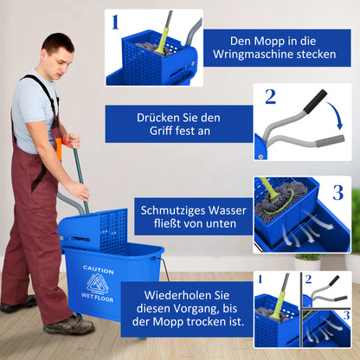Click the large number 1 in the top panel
pyautogui.click(x=115, y=22)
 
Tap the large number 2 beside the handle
pyautogui.click(x=270, y=96)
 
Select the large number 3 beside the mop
pyautogui.click(x=338, y=192)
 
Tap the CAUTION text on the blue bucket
pyautogui.click(x=98, y=269)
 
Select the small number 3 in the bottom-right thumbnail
pyautogui.click(x=345, y=315)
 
